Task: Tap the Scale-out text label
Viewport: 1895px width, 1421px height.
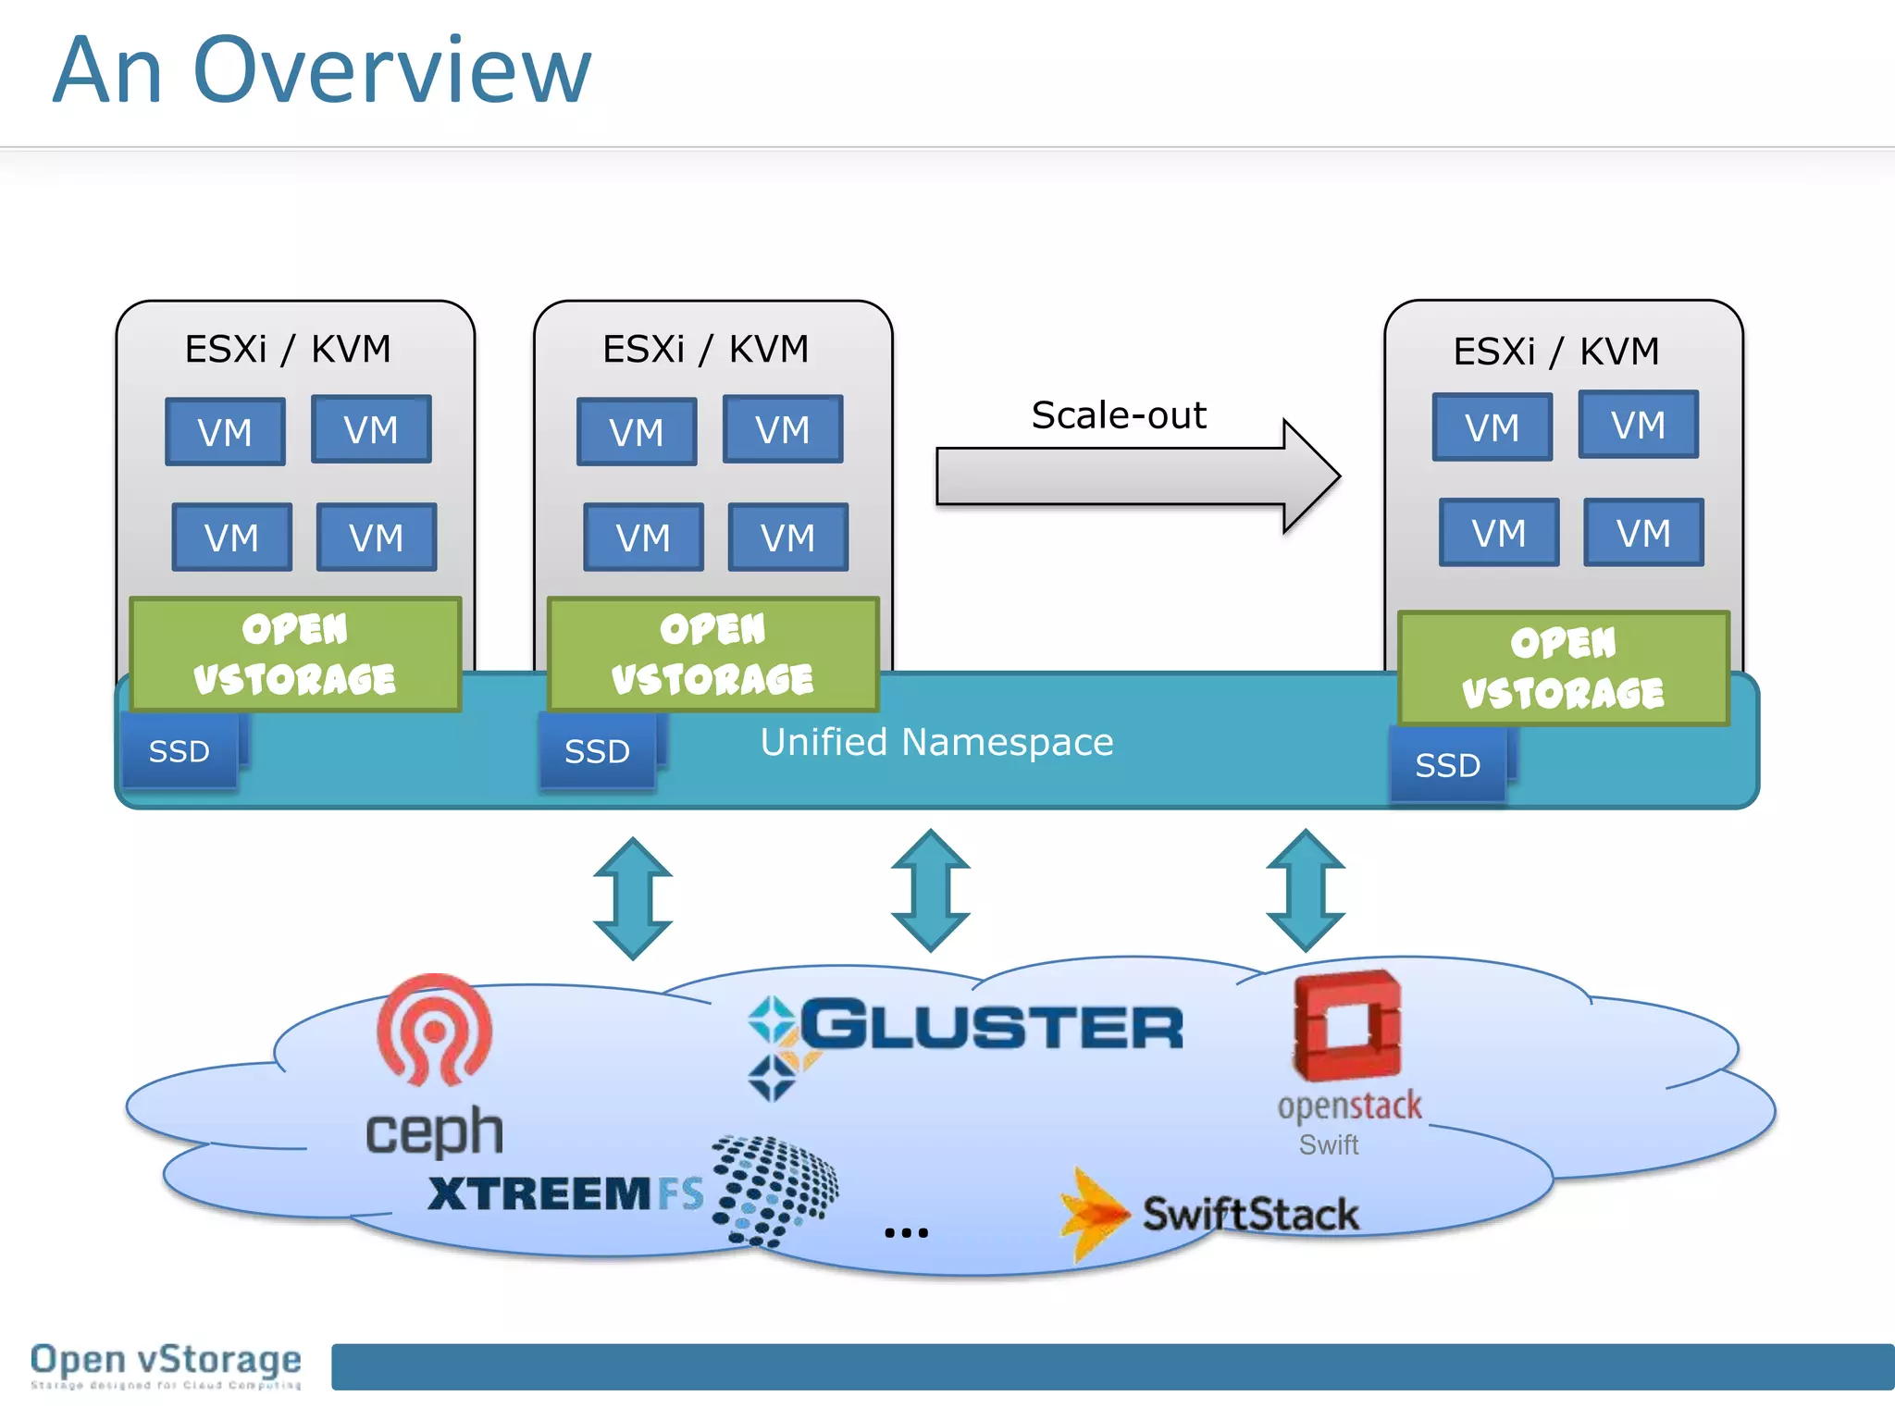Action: point(1118,415)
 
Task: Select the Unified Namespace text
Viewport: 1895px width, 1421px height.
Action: point(936,742)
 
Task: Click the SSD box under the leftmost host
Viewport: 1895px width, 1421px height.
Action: point(180,751)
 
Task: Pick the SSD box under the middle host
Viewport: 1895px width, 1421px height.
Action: point(598,751)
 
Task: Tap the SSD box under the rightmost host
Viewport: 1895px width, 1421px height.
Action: point(1448,765)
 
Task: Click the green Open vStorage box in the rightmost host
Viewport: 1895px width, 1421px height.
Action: point(1563,668)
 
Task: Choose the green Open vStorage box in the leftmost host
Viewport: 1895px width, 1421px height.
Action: point(294,654)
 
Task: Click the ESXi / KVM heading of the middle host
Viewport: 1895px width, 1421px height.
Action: point(705,350)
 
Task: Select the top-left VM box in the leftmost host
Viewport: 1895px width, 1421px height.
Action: point(225,432)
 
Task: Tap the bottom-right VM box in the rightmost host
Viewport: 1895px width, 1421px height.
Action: point(1643,533)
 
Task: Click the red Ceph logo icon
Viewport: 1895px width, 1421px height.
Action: point(434,1029)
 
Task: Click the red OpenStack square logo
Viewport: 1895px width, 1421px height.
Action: point(1347,1025)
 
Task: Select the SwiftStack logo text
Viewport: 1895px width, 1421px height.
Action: point(1250,1215)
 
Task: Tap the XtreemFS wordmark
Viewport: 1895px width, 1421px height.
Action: point(564,1193)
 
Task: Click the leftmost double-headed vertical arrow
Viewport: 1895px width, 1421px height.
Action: point(633,898)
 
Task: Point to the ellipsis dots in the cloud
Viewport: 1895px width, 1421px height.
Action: point(906,1232)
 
